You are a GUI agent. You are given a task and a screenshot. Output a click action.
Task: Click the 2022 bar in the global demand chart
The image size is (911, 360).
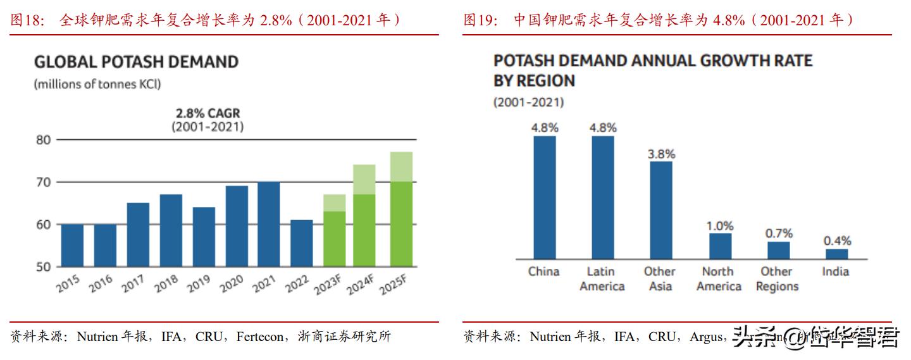tap(302, 244)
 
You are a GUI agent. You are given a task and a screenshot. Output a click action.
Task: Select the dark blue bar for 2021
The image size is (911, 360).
tap(269, 225)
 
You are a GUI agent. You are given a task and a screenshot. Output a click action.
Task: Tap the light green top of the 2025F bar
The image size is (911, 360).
tap(401, 166)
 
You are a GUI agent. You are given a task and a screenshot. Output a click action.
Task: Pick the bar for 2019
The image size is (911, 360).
tap(204, 237)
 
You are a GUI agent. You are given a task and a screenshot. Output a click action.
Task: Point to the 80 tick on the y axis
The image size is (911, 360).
tap(42, 140)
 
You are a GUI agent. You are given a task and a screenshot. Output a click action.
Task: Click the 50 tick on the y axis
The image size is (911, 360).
tap(42, 267)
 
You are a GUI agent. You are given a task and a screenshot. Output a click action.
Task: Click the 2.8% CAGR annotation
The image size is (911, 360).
tap(208, 114)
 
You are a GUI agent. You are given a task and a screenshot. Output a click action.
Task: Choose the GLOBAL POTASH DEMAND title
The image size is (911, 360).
tap(136, 62)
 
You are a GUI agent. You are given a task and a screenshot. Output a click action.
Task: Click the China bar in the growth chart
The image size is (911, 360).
tap(544, 197)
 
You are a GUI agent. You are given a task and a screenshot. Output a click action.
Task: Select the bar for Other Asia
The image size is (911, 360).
tap(660, 210)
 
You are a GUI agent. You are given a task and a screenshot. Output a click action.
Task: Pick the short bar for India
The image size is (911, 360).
tap(836, 254)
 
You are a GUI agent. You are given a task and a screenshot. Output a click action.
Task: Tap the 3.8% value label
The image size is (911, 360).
tap(662, 154)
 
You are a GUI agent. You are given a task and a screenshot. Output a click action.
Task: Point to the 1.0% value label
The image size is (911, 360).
tap(720, 226)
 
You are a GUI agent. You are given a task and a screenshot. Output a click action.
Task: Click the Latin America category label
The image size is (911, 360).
tap(602, 279)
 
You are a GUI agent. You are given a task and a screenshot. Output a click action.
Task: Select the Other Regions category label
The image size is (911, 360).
tap(778, 279)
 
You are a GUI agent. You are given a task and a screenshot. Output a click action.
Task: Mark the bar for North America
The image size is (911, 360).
tap(720, 246)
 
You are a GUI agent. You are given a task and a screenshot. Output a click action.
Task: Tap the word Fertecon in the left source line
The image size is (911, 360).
tap(260, 337)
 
